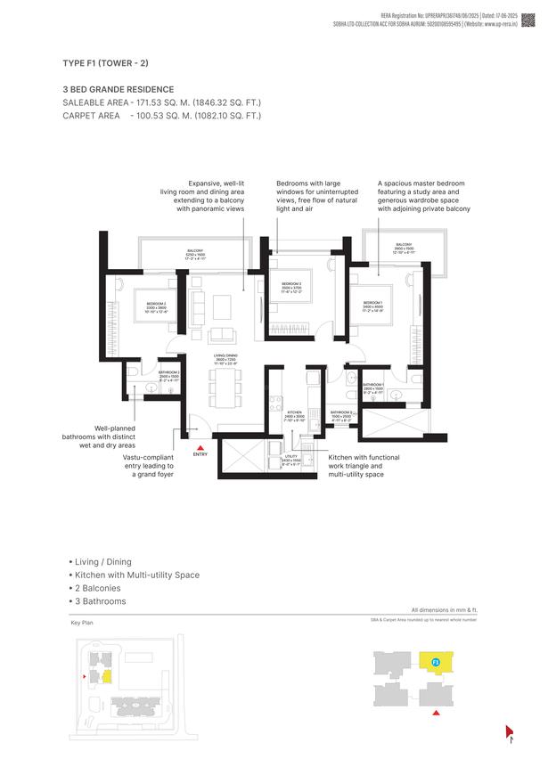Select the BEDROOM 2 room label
coord(157,306)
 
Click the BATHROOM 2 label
coord(169,374)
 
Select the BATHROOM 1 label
coord(373,387)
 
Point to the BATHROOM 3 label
coord(343,414)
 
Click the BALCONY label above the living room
coord(195,253)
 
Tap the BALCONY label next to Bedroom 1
coord(404,246)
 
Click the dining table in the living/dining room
coord(223,387)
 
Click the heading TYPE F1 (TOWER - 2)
coord(105,63)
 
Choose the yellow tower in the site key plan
coord(106,678)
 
